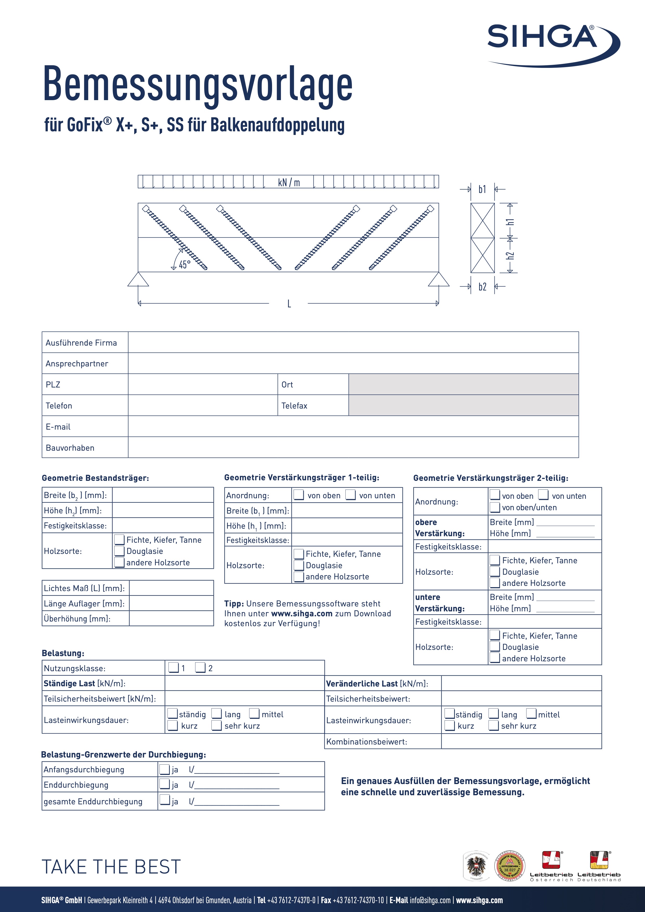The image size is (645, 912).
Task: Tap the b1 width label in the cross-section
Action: pyautogui.click(x=482, y=190)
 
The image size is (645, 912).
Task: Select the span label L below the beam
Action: pyautogui.click(x=289, y=304)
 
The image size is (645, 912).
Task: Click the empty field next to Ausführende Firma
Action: pyautogui.click(x=353, y=342)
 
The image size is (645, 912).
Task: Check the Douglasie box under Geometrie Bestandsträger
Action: pyautogui.click(x=119, y=551)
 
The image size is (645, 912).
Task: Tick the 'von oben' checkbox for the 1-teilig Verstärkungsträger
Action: pyautogui.click(x=299, y=495)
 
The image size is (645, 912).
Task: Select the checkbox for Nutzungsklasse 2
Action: pyautogui.click(x=201, y=668)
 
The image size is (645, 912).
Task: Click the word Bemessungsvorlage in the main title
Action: pyautogui.click(x=198, y=84)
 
